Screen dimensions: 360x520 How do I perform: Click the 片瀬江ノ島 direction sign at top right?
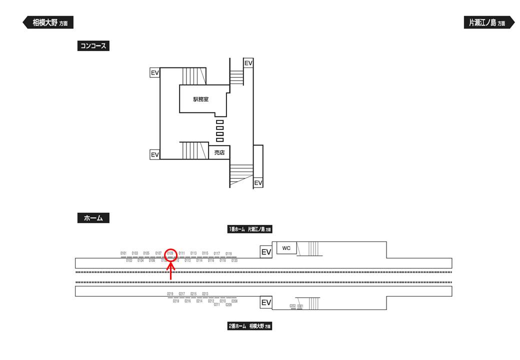coord(489,22)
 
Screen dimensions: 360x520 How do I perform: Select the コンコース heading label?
coord(93,46)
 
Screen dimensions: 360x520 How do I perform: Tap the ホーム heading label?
coord(93,218)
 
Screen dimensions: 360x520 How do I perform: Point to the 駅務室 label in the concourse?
coord(201,99)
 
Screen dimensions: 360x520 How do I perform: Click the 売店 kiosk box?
coord(219,152)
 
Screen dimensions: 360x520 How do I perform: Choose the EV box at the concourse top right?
coord(248,63)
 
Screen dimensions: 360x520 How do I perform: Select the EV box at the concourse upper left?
coord(154,73)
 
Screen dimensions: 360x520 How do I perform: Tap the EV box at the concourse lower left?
coord(154,155)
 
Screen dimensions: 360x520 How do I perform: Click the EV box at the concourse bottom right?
coord(258,183)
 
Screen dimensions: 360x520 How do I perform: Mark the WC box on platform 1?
coord(286,248)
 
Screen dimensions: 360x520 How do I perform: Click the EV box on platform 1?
coord(266,252)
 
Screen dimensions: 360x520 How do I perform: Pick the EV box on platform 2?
coord(266,302)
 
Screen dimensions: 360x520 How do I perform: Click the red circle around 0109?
coord(170,253)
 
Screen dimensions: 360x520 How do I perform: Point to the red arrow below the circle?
coord(171,271)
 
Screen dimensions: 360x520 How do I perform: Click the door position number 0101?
coord(123,253)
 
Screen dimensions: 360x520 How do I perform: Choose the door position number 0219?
coord(170,294)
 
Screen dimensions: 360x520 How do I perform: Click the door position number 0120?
coord(234,261)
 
